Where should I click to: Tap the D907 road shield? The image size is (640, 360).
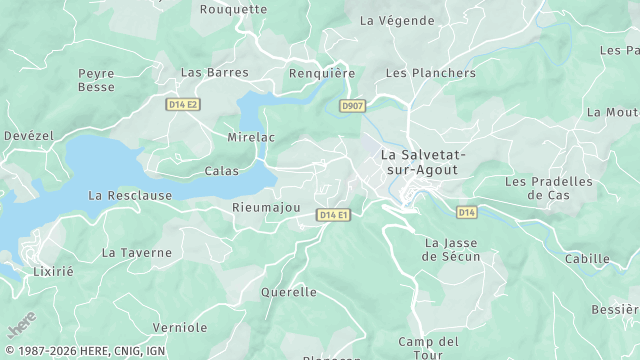click(352, 105)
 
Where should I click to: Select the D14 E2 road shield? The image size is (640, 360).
click(183, 104)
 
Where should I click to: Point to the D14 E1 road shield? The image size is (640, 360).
click(333, 215)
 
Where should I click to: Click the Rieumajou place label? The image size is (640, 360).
click(266, 207)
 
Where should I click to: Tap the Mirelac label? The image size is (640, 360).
click(249, 136)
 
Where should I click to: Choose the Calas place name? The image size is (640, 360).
click(222, 171)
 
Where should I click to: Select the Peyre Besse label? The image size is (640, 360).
click(96, 80)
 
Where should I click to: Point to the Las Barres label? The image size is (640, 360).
click(214, 72)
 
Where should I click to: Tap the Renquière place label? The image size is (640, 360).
click(321, 73)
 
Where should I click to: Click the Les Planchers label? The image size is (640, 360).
click(430, 73)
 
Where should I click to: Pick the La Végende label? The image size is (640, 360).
click(397, 20)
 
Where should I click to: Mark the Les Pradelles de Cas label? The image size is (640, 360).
click(548, 188)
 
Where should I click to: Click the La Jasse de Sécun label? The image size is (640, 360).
click(452, 249)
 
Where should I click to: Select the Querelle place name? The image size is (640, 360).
click(288, 292)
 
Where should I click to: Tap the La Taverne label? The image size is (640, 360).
click(137, 253)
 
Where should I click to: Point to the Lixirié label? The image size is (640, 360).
click(53, 271)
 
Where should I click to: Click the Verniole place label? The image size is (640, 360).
click(180, 327)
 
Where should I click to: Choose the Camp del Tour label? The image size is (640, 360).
click(427, 349)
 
